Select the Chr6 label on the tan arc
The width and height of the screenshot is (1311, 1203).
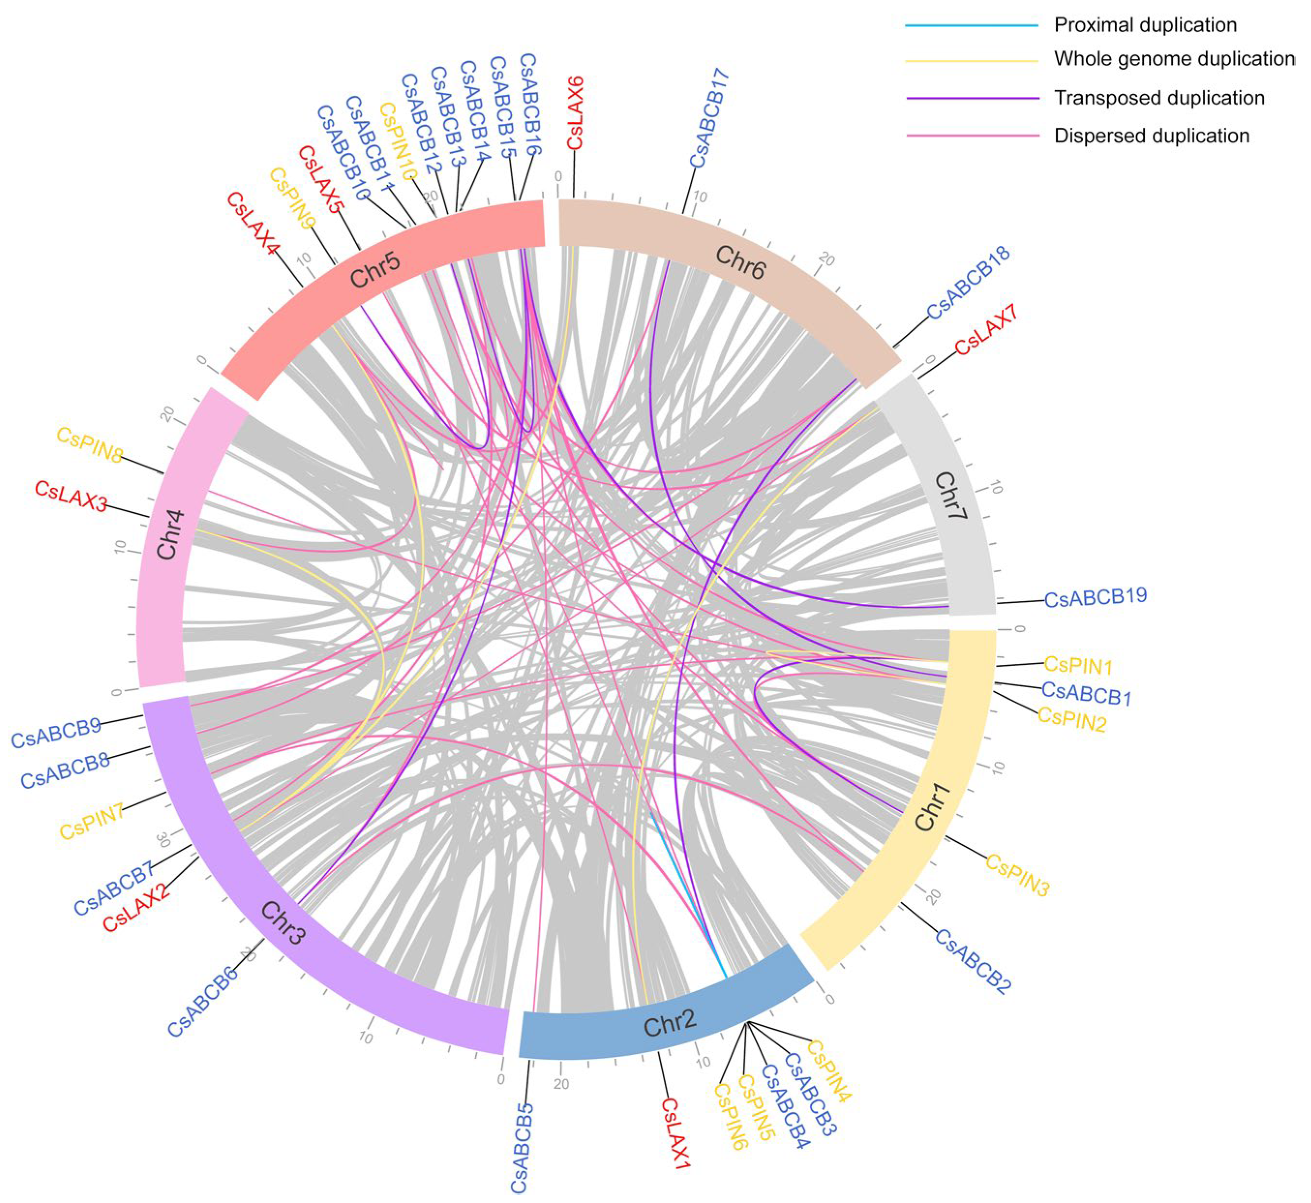[x=740, y=262]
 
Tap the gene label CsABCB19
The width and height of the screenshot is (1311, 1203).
[x=1096, y=598]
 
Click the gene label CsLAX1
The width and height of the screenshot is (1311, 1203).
[x=675, y=1133]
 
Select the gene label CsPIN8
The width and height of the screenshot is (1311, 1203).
[x=90, y=445]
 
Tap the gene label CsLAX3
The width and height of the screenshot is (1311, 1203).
[x=71, y=496]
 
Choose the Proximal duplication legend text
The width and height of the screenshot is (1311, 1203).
[x=1145, y=25]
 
